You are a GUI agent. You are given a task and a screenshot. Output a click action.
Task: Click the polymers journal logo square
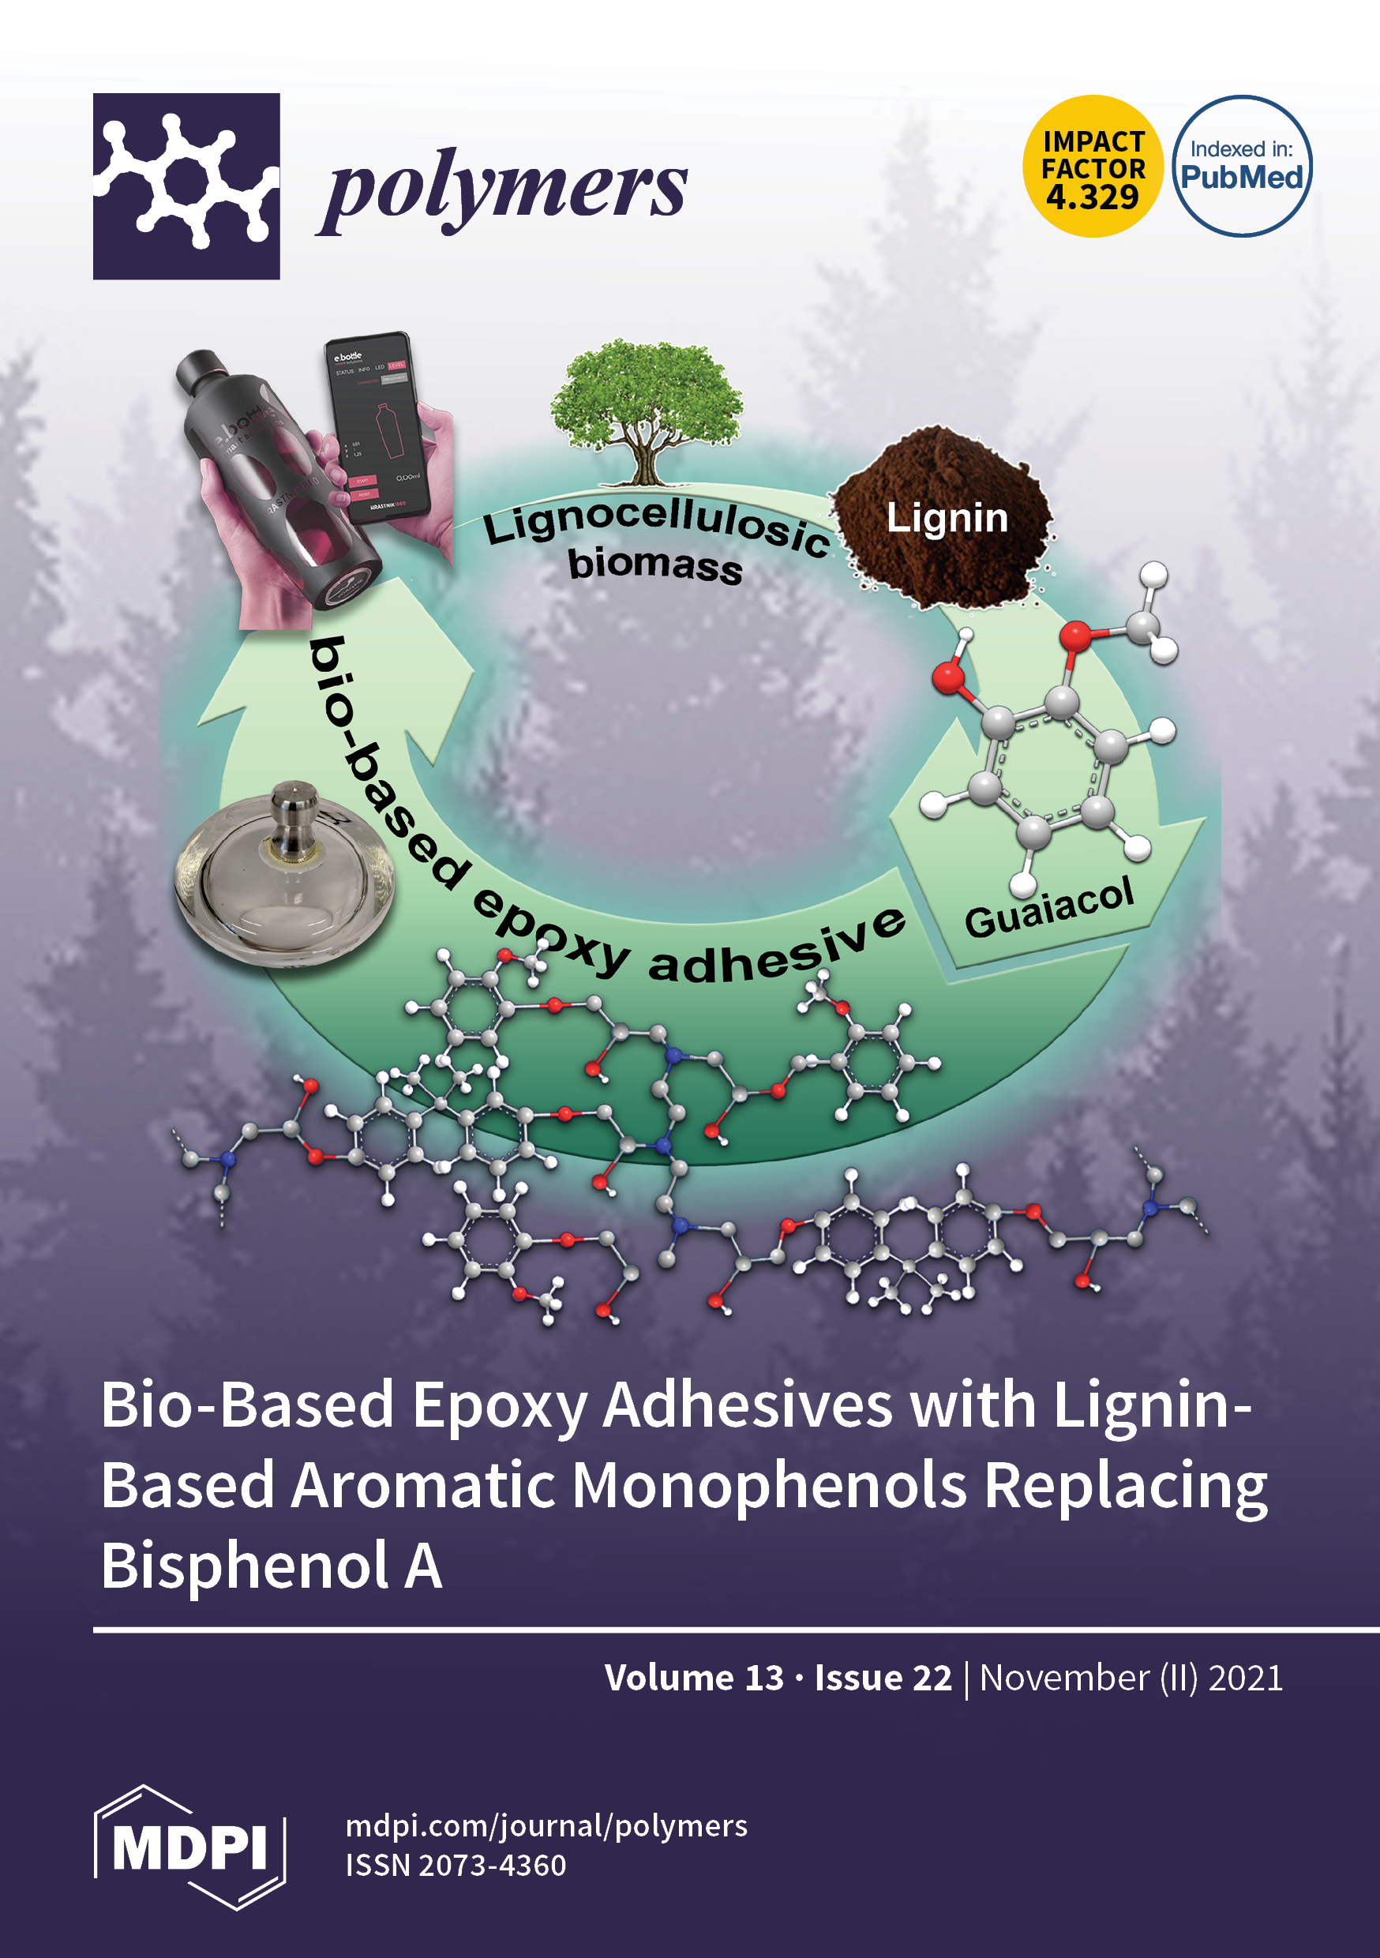[186, 186]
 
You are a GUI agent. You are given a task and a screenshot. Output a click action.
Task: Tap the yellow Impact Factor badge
[1093, 167]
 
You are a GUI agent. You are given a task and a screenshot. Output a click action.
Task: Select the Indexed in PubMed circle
[1241, 167]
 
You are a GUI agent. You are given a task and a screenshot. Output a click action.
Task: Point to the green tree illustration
[646, 409]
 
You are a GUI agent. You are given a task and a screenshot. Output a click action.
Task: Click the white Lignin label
[947, 518]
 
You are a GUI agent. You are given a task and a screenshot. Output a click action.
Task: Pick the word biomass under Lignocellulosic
[654, 565]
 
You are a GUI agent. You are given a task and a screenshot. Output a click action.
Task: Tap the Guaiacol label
[1048, 907]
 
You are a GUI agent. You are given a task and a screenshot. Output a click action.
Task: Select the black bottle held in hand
[273, 478]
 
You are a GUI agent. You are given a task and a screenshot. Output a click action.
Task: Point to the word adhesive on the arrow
[776, 951]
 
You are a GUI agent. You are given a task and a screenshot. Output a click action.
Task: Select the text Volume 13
[693, 1679]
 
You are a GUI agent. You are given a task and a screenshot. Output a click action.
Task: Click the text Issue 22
[882, 1679]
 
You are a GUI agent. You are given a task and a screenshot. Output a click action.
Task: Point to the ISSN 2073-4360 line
[456, 1866]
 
